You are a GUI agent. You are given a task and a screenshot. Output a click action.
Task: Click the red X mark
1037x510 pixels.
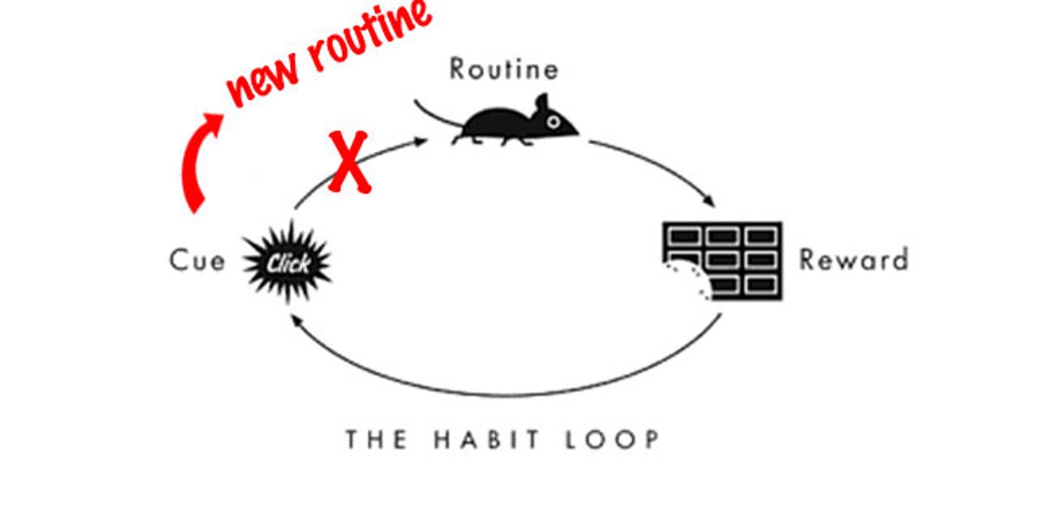coord(348,162)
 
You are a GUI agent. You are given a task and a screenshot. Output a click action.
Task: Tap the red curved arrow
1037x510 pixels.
coord(194,162)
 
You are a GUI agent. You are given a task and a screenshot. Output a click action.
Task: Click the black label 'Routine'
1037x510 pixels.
coord(504,70)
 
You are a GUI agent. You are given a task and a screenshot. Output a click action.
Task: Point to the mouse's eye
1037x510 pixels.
coord(553,122)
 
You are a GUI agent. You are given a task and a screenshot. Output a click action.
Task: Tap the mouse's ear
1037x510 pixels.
coord(541,103)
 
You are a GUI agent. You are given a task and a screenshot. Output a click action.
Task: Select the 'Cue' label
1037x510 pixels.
coord(197,261)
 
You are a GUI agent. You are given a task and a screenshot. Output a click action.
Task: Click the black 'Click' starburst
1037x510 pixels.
coord(288,262)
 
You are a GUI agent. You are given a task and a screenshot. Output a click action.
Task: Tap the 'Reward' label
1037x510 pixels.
coord(853,260)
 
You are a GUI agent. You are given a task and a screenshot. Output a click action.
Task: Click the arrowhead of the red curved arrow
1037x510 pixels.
coord(215,121)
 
